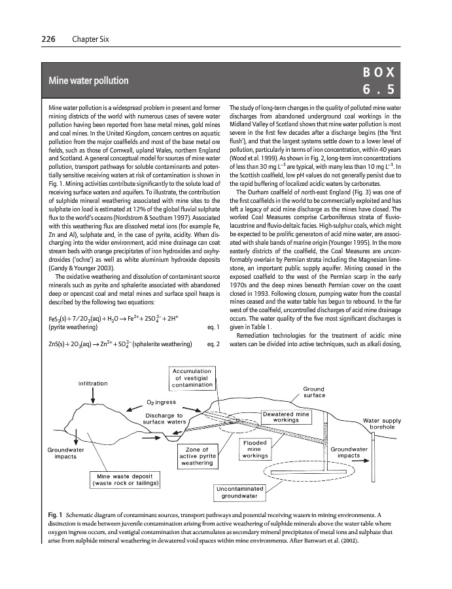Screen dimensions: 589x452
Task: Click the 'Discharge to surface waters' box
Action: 165,419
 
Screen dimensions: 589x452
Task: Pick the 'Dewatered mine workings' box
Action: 286,417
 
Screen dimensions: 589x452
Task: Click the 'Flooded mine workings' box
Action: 255,449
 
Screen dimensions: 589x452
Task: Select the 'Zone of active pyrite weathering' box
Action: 197,456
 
